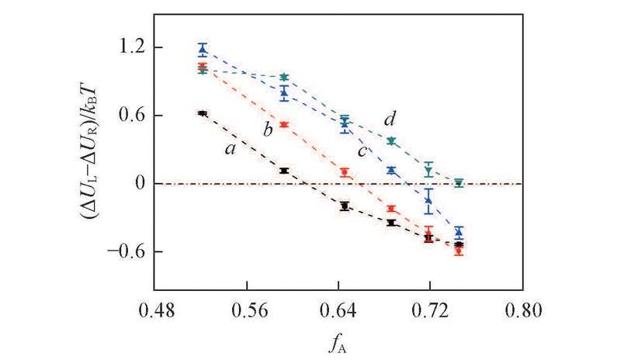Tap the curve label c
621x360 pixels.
362,150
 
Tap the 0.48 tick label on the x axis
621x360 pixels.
155,309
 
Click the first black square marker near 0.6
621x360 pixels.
203,113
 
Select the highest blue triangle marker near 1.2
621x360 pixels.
203,49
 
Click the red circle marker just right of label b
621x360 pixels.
284,124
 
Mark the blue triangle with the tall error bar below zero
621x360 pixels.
428,200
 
